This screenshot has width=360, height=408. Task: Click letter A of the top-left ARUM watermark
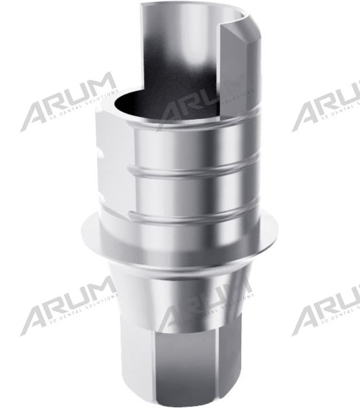pyautogui.click(x=37, y=112)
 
